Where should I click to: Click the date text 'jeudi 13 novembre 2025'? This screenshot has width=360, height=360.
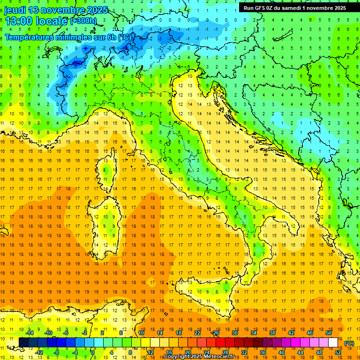(56, 10)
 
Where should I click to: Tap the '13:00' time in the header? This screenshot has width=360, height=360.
(18, 21)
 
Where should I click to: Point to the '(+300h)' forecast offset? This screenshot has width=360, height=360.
(83, 21)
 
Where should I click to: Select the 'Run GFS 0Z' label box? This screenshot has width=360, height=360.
(295, 7)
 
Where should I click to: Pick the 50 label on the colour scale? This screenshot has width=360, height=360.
(329, 333)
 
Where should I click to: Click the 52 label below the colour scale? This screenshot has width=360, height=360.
(338, 352)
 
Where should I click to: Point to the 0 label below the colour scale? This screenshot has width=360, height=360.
(93, 352)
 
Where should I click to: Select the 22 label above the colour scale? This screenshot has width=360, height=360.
(197, 333)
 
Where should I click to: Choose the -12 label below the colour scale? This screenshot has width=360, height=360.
(40, 352)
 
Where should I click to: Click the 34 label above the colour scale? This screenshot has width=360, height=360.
(254, 333)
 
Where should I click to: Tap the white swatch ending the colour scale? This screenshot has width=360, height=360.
(333, 343)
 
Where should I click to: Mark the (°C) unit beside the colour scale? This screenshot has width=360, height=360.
(349, 343)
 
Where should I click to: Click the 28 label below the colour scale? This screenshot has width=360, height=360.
(225, 352)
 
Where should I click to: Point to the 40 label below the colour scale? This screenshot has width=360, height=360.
(282, 352)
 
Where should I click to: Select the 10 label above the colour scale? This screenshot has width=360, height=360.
(141, 333)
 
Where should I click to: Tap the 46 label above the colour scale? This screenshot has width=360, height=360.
(310, 333)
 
